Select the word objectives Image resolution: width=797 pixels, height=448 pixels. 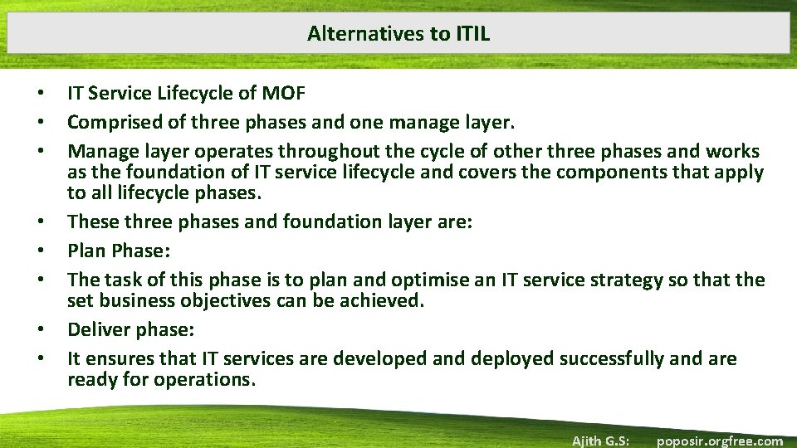[229, 300]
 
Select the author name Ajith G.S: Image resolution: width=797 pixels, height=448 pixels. [599, 441]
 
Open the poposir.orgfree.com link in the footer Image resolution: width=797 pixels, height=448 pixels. [719, 441]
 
